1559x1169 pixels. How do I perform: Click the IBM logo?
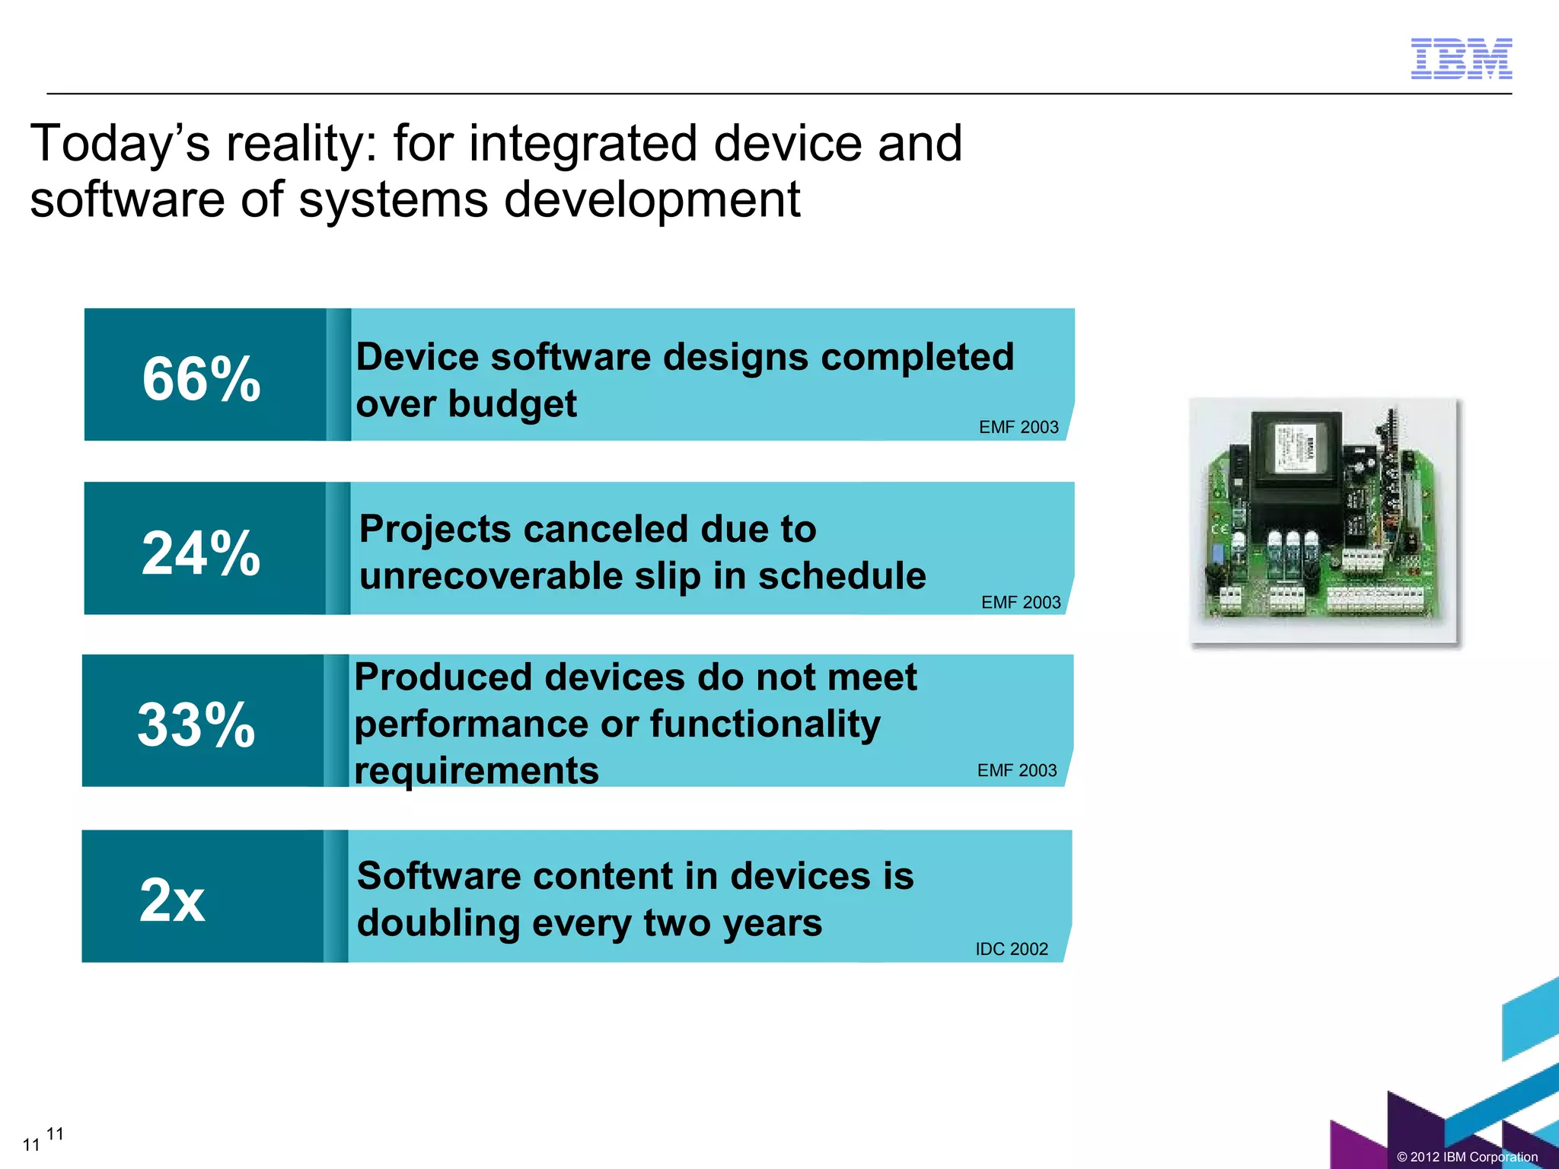(x=1461, y=59)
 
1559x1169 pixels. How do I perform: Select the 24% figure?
(x=202, y=553)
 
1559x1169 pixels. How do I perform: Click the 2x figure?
(x=173, y=900)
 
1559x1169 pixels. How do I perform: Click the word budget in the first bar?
(x=512, y=404)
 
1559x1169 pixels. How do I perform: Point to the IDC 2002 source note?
(x=1012, y=949)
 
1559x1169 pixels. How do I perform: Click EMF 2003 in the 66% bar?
(x=1019, y=427)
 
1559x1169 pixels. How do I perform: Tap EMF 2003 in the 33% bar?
(x=1017, y=770)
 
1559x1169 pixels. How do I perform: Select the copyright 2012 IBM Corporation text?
(x=1467, y=1157)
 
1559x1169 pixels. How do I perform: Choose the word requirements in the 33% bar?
(x=477, y=770)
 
